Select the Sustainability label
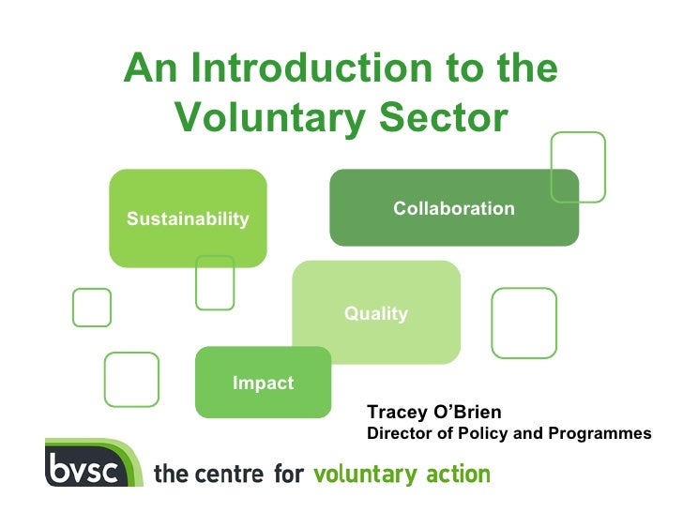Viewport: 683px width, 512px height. coord(188,219)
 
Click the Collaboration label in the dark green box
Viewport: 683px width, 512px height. coord(453,208)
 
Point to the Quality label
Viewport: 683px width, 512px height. coord(375,314)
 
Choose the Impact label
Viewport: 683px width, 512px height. coord(263,383)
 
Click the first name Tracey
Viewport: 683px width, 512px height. coord(396,414)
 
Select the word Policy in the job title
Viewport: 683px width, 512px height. coord(473,434)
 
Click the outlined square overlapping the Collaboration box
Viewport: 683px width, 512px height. coord(577,167)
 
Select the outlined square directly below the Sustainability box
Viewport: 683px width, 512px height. coord(215,282)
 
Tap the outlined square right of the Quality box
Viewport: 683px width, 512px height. coord(524,323)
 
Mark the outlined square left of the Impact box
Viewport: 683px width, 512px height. coord(131,379)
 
